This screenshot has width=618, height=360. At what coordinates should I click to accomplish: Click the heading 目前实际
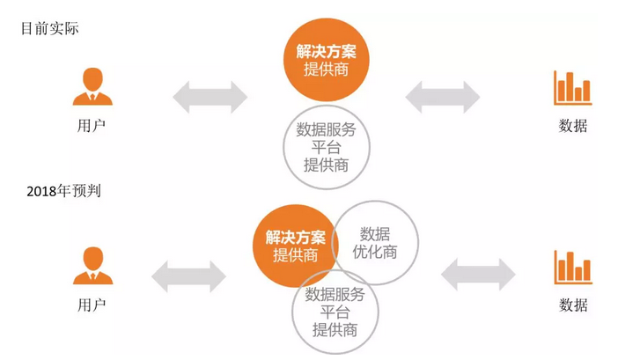coord(49,28)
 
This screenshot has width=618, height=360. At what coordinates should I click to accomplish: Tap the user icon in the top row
coord(92,86)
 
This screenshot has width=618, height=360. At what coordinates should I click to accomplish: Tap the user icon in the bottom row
coord(92,265)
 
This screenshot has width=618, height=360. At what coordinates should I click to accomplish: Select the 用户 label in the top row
coord(92,126)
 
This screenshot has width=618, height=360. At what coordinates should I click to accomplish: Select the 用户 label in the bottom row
coord(92,305)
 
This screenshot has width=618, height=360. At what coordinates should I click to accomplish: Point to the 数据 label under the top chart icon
coord(572,126)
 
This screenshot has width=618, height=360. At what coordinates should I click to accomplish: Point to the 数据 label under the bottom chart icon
coord(572,305)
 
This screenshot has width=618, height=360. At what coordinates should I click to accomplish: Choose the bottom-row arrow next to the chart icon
coord(478,275)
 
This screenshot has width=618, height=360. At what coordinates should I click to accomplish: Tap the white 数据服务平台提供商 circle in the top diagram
coord(326,147)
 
